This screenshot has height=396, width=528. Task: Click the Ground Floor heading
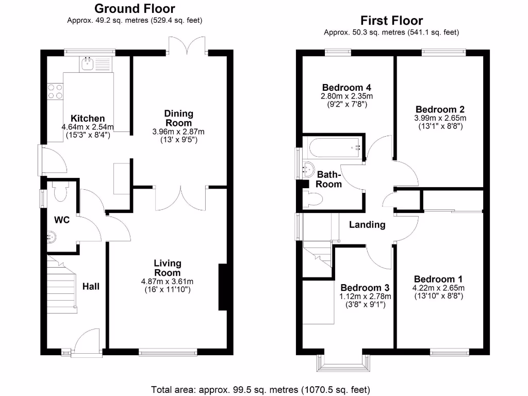135,9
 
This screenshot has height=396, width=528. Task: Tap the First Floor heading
391,21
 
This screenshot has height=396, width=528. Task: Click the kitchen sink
87,64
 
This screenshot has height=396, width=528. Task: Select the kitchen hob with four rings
55,91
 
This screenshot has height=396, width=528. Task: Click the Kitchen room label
88,119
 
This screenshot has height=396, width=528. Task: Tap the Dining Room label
178,118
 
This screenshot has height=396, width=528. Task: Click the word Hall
91,286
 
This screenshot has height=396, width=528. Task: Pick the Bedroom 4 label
346,87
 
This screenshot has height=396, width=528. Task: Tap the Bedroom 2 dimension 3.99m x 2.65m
440,118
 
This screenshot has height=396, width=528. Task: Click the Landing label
367,225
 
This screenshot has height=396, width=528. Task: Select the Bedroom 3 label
365,288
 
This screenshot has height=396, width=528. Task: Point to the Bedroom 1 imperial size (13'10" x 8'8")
438,296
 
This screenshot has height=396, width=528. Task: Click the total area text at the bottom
260,389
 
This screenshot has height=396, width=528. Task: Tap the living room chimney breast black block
223,287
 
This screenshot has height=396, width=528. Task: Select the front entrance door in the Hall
86,342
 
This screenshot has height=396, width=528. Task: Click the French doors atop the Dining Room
188,45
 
